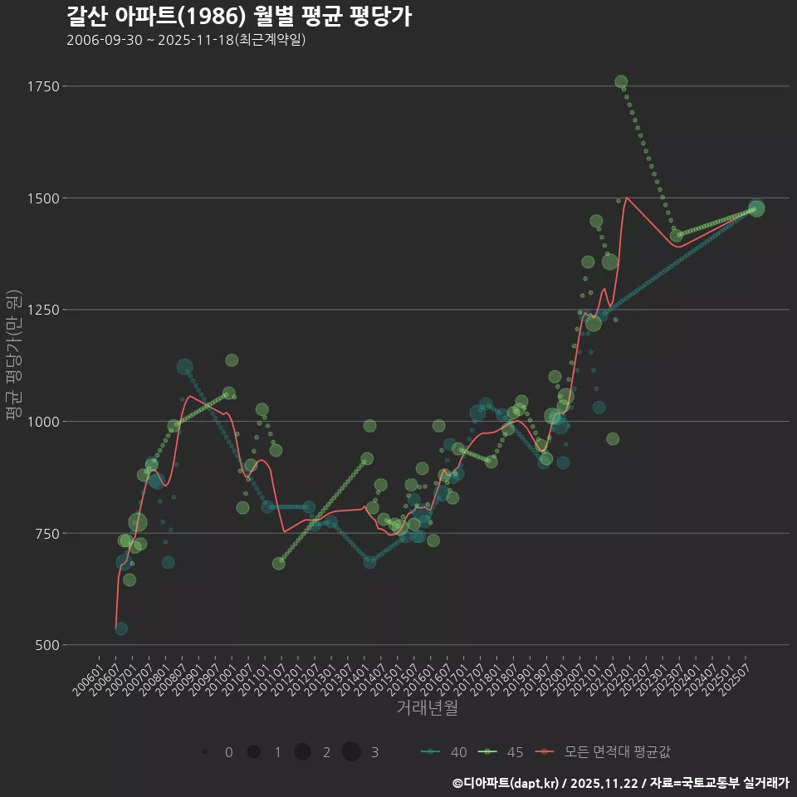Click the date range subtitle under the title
coord(186,40)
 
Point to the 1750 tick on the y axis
coord(42,86)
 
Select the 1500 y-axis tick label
coord(42,198)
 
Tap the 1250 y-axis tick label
coord(42,310)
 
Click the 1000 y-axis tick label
coord(42,422)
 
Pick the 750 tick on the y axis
coord(46,533)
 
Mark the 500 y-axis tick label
coord(46,645)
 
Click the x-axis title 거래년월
coord(427,708)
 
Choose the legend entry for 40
coord(444,752)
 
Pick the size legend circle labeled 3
coord(351,752)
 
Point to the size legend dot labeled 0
coord(204,752)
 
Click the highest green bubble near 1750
coord(621,82)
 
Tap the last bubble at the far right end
coord(756,208)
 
